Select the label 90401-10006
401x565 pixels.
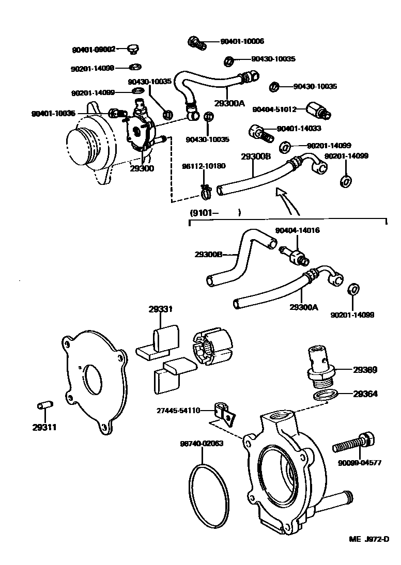click(x=242, y=41)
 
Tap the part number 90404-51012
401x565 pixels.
click(x=274, y=109)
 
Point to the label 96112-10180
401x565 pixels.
click(x=203, y=166)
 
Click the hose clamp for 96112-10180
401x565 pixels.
click(x=205, y=193)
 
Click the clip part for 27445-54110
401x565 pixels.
click(x=224, y=413)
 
